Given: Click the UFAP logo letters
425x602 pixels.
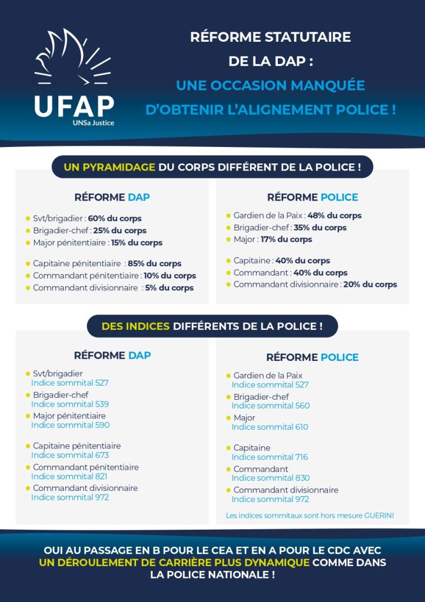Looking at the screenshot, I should pyautogui.click(x=74, y=106).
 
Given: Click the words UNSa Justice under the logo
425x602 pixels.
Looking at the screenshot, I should pyautogui.click(x=94, y=123).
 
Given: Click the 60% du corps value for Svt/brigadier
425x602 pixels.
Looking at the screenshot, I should pyautogui.click(x=115, y=218).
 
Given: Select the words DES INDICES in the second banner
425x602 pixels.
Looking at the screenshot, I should pyautogui.click(x=135, y=326).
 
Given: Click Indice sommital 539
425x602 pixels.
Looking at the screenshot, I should pyautogui.click(x=69, y=404).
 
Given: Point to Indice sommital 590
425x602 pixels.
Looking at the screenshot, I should pyautogui.click(x=70, y=425).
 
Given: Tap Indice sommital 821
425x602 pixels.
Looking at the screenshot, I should pyautogui.click(x=69, y=476).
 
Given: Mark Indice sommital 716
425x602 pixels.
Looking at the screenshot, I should pyautogui.click(x=270, y=457).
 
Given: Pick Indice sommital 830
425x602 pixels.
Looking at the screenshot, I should pyautogui.click(x=271, y=478).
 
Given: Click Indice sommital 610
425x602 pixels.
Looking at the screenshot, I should pyautogui.click(x=270, y=427).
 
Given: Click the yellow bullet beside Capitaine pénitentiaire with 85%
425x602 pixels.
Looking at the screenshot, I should pyautogui.click(x=27, y=263).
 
